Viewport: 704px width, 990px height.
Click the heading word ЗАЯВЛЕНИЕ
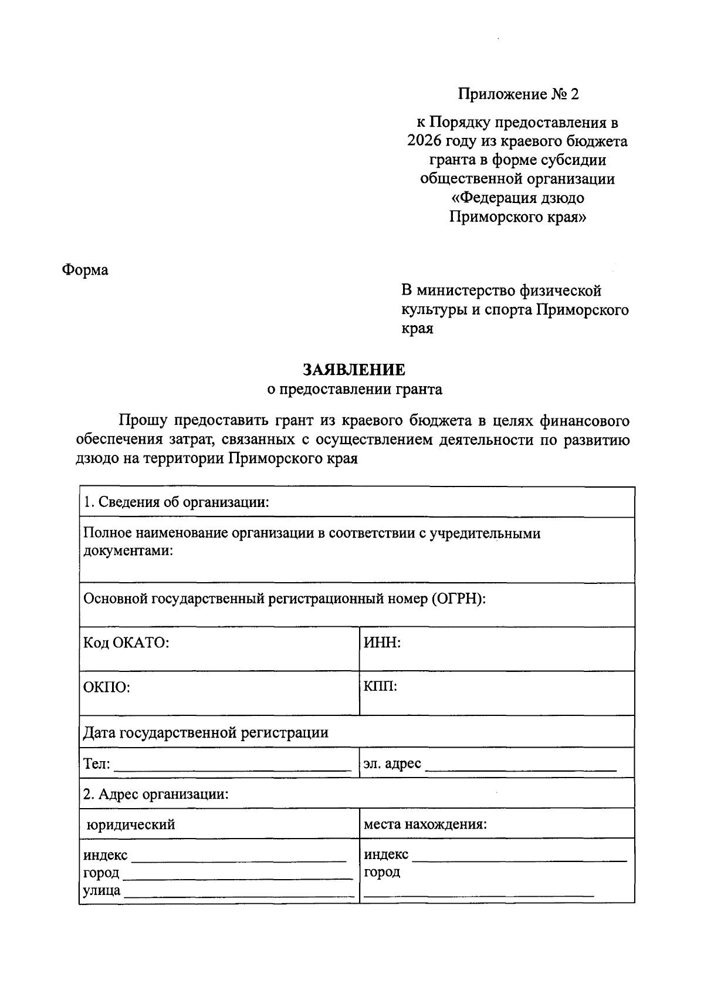[354, 370]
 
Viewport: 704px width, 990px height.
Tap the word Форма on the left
[85, 270]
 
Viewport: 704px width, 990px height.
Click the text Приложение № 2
[518, 94]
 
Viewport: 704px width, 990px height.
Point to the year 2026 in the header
[425, 141]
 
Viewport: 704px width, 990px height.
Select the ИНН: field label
[382, 643]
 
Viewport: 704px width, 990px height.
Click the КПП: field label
[380, 686]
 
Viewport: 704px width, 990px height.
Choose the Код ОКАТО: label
[126, 643]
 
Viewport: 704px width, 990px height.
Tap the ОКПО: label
[106, 687]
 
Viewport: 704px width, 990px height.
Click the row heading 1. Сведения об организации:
[176, 502]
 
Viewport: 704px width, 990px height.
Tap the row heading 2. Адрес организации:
[155, 794]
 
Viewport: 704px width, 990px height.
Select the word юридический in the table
[131, 825]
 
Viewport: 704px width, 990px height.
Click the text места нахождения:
[425, 825]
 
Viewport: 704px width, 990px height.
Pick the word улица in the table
[101, 890]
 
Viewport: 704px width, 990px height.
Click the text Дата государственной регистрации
[205, 732]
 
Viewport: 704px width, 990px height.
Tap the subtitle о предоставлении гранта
[354, 389]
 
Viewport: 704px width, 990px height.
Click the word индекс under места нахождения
[386, 854]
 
